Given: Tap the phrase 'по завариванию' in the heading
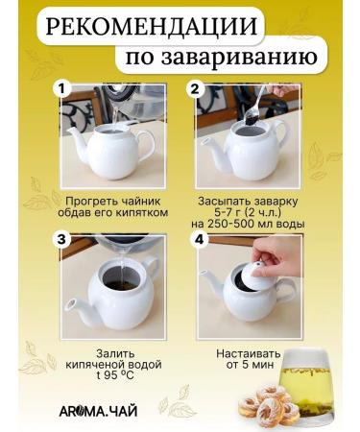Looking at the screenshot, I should pos(219,60).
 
